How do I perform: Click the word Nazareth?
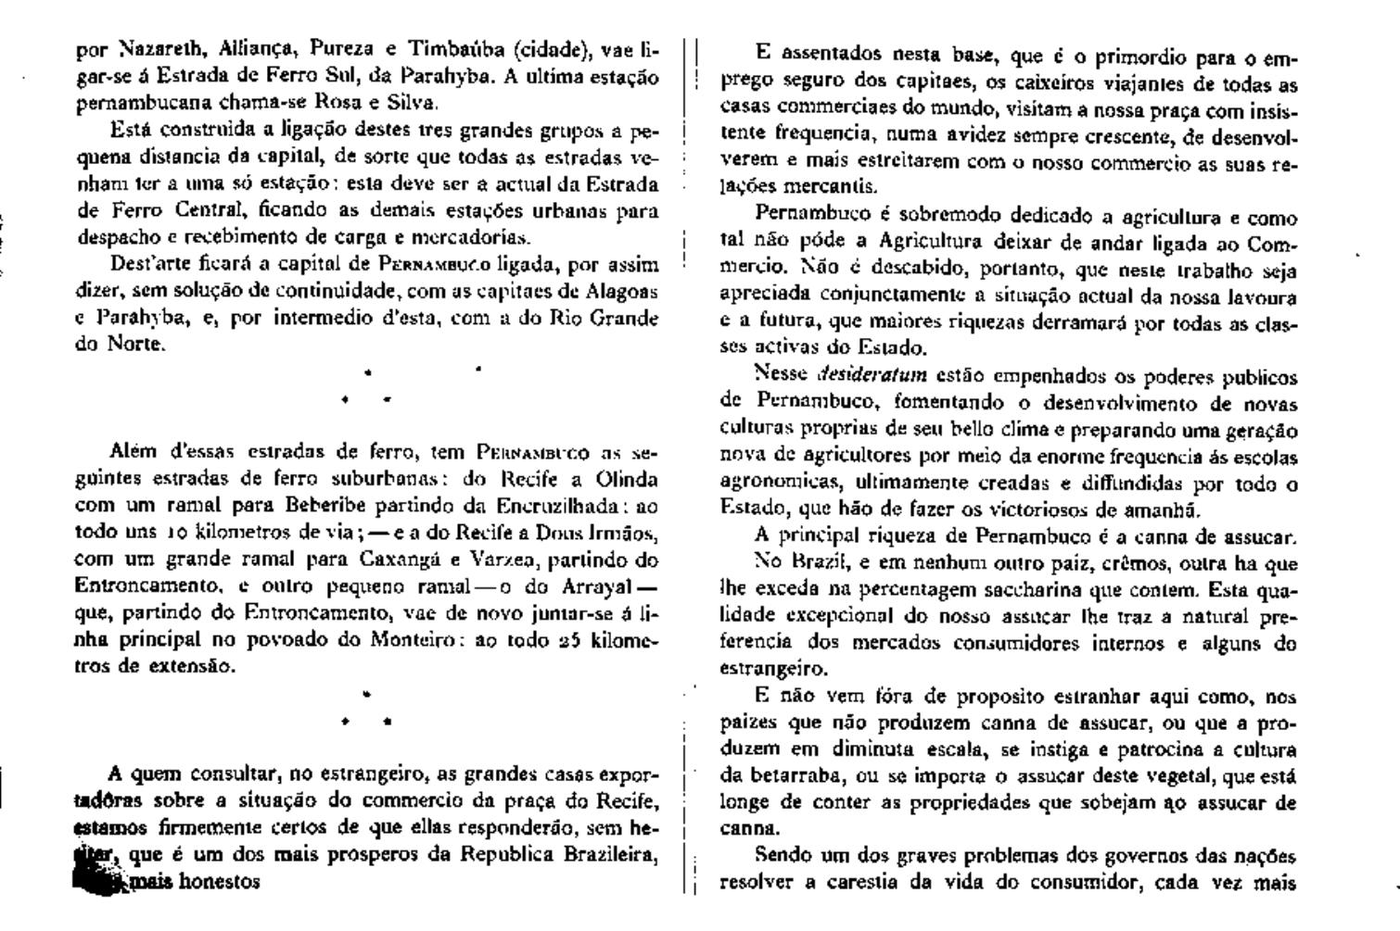coord(141,49)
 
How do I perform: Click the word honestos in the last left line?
coord(220,881)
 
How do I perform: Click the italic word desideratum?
coord(872,376)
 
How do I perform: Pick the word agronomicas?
coord(765,484)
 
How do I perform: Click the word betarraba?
coord(785,776)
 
